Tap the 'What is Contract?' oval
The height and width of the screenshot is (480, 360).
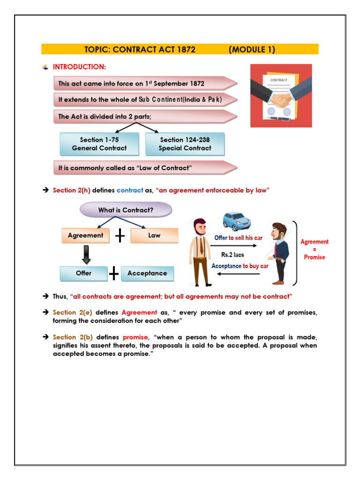pyautogui.click(x=126, y=210)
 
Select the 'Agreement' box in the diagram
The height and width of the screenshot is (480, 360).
pyautogui.click(x=85, y=235)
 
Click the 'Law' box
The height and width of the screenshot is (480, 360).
pyautogui.click(x=154, y=235)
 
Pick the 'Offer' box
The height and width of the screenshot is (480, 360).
pyautogui.click(x=83, y=273)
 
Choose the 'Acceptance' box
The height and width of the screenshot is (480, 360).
pyautogui.click(x=147, y=273)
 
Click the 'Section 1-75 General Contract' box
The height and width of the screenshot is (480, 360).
pyautogui.click(x=99, y=144)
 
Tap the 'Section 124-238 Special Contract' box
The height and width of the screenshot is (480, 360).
pyautogui.click(x=185, y=144)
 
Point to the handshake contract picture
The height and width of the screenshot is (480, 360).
pyautogui.click(x=281, y=96)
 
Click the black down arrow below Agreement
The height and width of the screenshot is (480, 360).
pyautogui.click(x=86, y=254)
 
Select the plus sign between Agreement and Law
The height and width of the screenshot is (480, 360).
pyautogui.click(x=120, y=236)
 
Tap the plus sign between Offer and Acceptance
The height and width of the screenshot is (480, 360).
pyautogui.click(x=114, y=273)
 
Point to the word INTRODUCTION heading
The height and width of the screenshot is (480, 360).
pyautogui.click(x=78, y=67)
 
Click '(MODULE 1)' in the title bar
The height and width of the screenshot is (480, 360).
pyautogui.click(x=252, y=49)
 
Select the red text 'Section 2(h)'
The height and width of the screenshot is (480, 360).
pyautogui.click(x=71, y=190)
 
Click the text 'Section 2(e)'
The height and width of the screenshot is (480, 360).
pyautogui.click(x=71, y=313)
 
